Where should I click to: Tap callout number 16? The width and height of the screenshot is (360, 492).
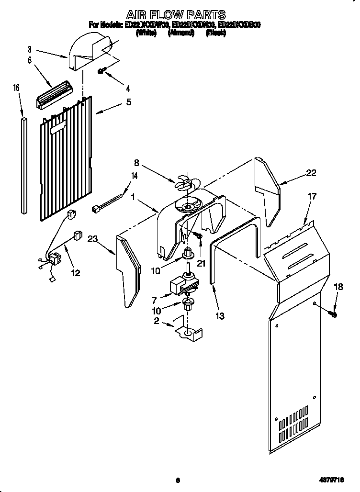pyautogui.click(x=16, y=88)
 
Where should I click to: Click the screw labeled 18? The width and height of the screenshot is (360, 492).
pyautogui.click(x=334, y=314)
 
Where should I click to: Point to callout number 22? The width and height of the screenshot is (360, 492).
pyautogui.click(x=311, y=173)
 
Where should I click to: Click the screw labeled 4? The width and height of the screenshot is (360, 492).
pyautogui.click(x=102, y=71)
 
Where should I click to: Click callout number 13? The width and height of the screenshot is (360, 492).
pyautogui.click(x=220, y=316)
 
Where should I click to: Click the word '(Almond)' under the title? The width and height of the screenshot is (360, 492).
pyautogui.click(x=180, y=34)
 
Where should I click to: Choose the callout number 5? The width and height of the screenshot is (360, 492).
pyautogui.click(x=129, y=102)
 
